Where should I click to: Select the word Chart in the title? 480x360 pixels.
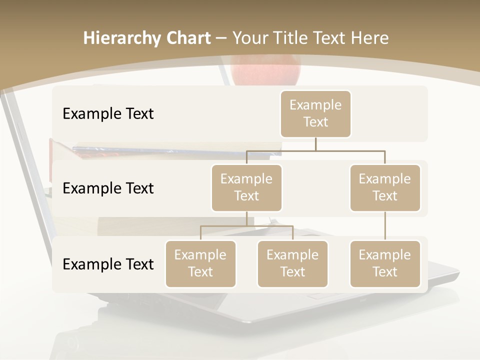click(x=188, y=38)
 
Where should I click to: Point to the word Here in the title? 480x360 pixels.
click(x=370, y=38)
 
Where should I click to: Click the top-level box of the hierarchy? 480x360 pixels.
click(x=315, y=113)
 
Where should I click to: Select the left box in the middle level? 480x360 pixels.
click(x=246, y=187)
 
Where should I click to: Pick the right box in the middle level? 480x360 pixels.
click(x=385, y=187)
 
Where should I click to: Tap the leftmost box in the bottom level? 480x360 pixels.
click(x=200, y=263)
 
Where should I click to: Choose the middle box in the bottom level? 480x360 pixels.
click(x=292, y=263)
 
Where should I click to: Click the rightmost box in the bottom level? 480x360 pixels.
click(x=385, y=263)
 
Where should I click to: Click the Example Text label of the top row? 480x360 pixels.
click(x=108, y=114)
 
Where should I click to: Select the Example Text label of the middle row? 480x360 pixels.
click(x=108, y=188)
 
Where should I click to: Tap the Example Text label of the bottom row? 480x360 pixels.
click(x=108, y=264)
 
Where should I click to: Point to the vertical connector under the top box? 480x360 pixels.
click(x=315, y=143)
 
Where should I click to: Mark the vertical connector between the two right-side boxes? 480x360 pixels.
click(x=385, y=225)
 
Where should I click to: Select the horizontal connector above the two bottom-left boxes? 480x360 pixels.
click(x=246, y=226)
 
